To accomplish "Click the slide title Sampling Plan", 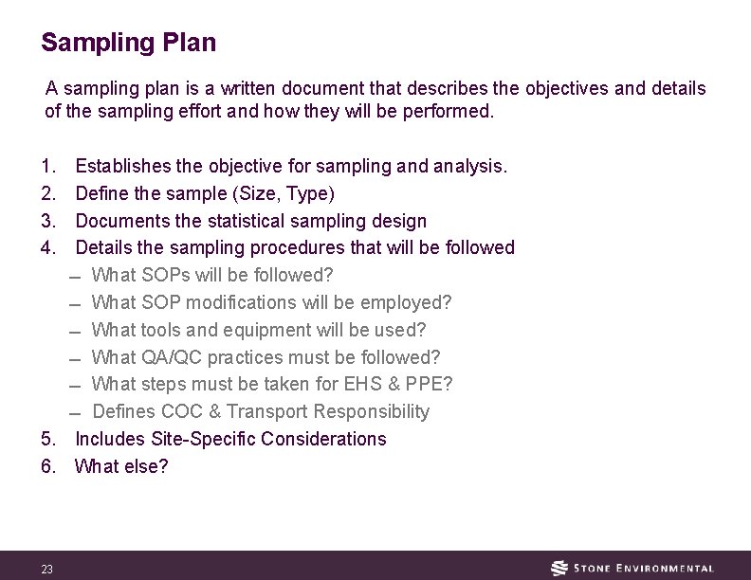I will [129, 43].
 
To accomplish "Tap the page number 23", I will [46, 569].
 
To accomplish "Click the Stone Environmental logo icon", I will [560, 568].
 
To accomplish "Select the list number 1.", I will [48, 166].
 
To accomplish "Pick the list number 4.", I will [48, 248].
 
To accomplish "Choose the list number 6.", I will [48, 466].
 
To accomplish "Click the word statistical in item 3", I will [223, 221].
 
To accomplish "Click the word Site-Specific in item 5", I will [203, 439].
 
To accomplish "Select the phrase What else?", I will [121, 466].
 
